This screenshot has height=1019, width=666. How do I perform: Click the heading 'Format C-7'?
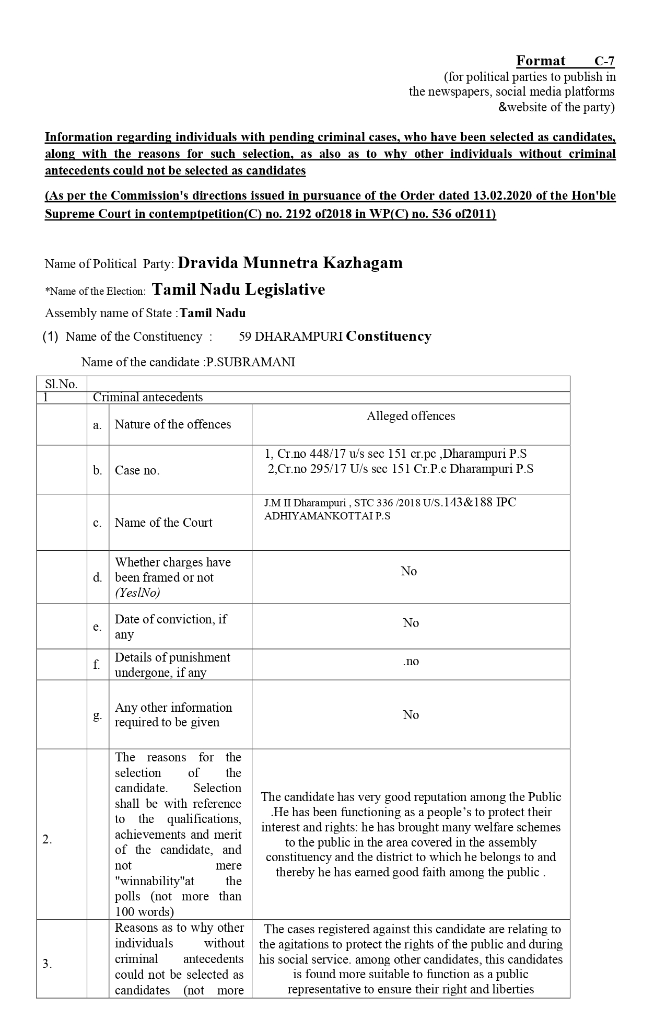coord(565,61)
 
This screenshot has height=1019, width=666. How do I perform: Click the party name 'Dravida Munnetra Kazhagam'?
coord(290,263)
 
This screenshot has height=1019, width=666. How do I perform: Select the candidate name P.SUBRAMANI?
coord(251,362)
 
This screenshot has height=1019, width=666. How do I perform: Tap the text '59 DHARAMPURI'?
coord(290,337)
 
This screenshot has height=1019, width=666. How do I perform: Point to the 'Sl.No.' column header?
coord(61,384)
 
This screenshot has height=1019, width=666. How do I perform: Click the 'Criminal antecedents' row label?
coord(148,397)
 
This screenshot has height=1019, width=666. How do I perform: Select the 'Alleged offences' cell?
coord(411,416)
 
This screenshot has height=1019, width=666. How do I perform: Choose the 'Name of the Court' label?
coord(163,523)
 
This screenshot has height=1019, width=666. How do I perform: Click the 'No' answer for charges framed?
coord(409,571)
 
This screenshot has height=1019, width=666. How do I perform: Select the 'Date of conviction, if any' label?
coord(171,627)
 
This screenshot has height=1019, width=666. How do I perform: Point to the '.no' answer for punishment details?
coord(411,662)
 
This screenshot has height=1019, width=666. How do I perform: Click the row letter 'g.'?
coord(97,715)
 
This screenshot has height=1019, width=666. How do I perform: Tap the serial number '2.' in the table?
coord(48,840)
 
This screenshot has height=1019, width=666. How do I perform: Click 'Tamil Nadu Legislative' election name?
coord(238,290)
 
